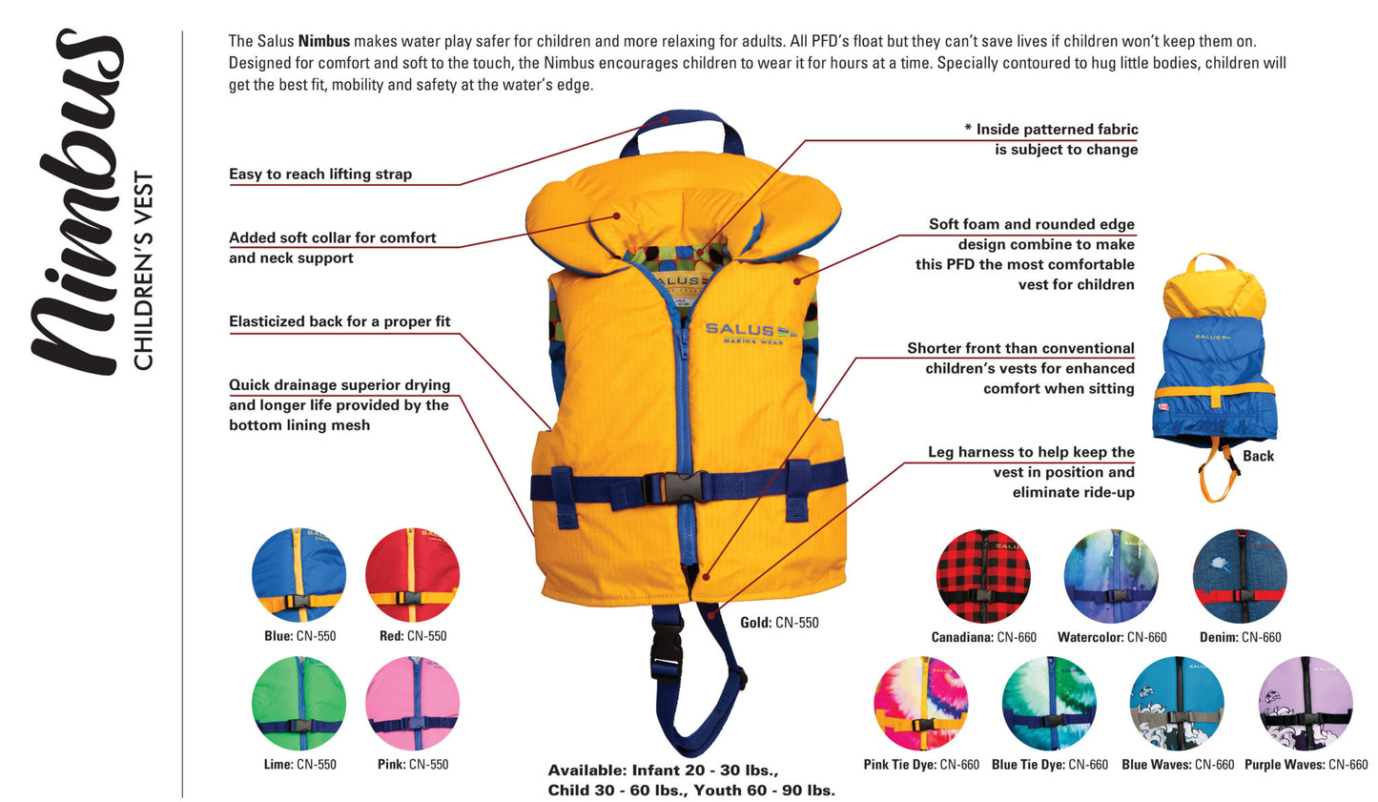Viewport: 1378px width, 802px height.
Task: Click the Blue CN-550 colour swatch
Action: pyautogui.click(x=298, y=576)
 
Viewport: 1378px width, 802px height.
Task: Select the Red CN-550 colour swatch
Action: pyautogui.click(x=413, y=576)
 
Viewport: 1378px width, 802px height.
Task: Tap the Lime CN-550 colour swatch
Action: pyautogui.click(x=298, y=704)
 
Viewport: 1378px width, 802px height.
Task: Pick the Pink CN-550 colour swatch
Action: pyautogui.click(x=413, y=704)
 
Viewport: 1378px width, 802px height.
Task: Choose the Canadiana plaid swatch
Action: pyautogui.click(x=983, y=576)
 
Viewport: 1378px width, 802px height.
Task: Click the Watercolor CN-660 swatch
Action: pyautogui.click(x=1111, y=576)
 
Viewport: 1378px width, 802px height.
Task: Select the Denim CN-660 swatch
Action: pyautogui.click(x=1240, y=576)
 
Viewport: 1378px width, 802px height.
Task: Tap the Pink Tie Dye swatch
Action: pyautogui.click(x=921, y=704)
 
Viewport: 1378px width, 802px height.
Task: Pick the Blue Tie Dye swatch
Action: pyautogui.click(x=1049, y=704)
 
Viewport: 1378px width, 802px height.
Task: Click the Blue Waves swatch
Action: pyautogui.click(x=1177, y=704)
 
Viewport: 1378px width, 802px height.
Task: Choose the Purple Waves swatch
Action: pyautogui.click(x=1306, y=704)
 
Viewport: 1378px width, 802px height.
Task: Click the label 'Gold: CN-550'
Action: pyautogui.click(x=779, y=623)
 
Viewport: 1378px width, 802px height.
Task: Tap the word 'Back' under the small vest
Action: pyautogui.click(x=1258, y=456)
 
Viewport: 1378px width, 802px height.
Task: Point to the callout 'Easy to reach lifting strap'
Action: pyautogui.click(x=320, y=175)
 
